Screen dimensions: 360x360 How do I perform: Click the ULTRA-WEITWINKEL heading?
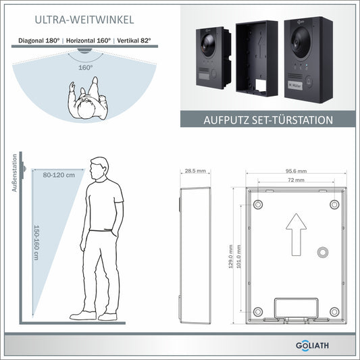(84, 20)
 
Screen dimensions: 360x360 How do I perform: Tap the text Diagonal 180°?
(39, 41)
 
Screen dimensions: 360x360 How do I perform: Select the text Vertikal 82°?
(134, 41)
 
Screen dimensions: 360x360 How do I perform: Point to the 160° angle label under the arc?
(86, 68)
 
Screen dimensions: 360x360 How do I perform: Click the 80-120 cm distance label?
(59, 175)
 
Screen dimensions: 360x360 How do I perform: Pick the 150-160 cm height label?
(36, 242)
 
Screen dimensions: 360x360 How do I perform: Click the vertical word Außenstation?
(14, 173)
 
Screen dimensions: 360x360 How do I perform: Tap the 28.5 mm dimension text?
(195, 171)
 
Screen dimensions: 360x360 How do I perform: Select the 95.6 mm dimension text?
(297, 171)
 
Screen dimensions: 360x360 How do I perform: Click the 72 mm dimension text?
(297, 180)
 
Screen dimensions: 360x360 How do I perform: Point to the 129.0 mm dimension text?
(231, 257)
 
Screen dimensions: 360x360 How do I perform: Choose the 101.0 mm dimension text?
(239, 257)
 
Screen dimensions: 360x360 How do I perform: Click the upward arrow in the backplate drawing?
(297, 234)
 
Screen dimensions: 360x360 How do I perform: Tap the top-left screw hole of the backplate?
(258, 204)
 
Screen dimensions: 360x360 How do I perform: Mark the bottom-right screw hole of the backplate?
(334, 312)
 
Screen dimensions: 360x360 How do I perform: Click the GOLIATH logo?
(312, 346)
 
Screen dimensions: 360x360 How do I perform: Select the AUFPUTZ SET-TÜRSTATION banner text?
(268, 120)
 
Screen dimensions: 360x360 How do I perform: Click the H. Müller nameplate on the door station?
(295, 85)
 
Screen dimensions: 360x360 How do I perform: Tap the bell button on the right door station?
(309, 82)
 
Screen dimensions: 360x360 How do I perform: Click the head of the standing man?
(99, 168)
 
